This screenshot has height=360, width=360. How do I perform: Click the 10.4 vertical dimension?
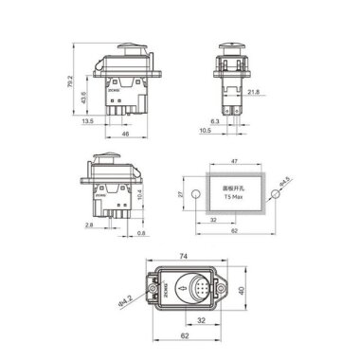click(x=142, y=193)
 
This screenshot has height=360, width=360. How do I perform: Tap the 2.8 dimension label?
click(x=88, y=226)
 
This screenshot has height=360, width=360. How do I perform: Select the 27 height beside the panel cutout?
click(x=181, y=194)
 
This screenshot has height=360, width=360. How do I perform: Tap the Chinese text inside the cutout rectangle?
click(x=233, y=189)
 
